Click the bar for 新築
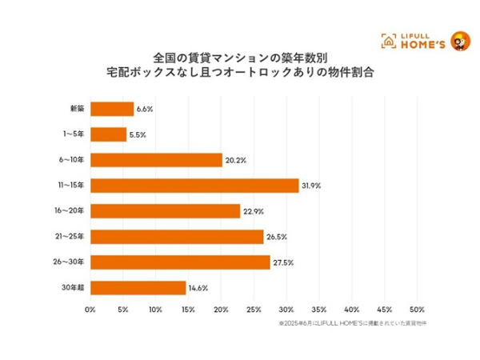112,110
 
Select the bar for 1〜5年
108,135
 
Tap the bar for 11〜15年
194,186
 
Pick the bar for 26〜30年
180,262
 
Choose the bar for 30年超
138,288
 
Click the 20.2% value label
235,161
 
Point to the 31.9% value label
311,186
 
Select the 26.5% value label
276,238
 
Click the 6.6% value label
145,110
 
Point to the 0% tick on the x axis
90,310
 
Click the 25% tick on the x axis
254,310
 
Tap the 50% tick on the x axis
417,310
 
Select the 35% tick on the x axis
319,310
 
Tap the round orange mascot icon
460,40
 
